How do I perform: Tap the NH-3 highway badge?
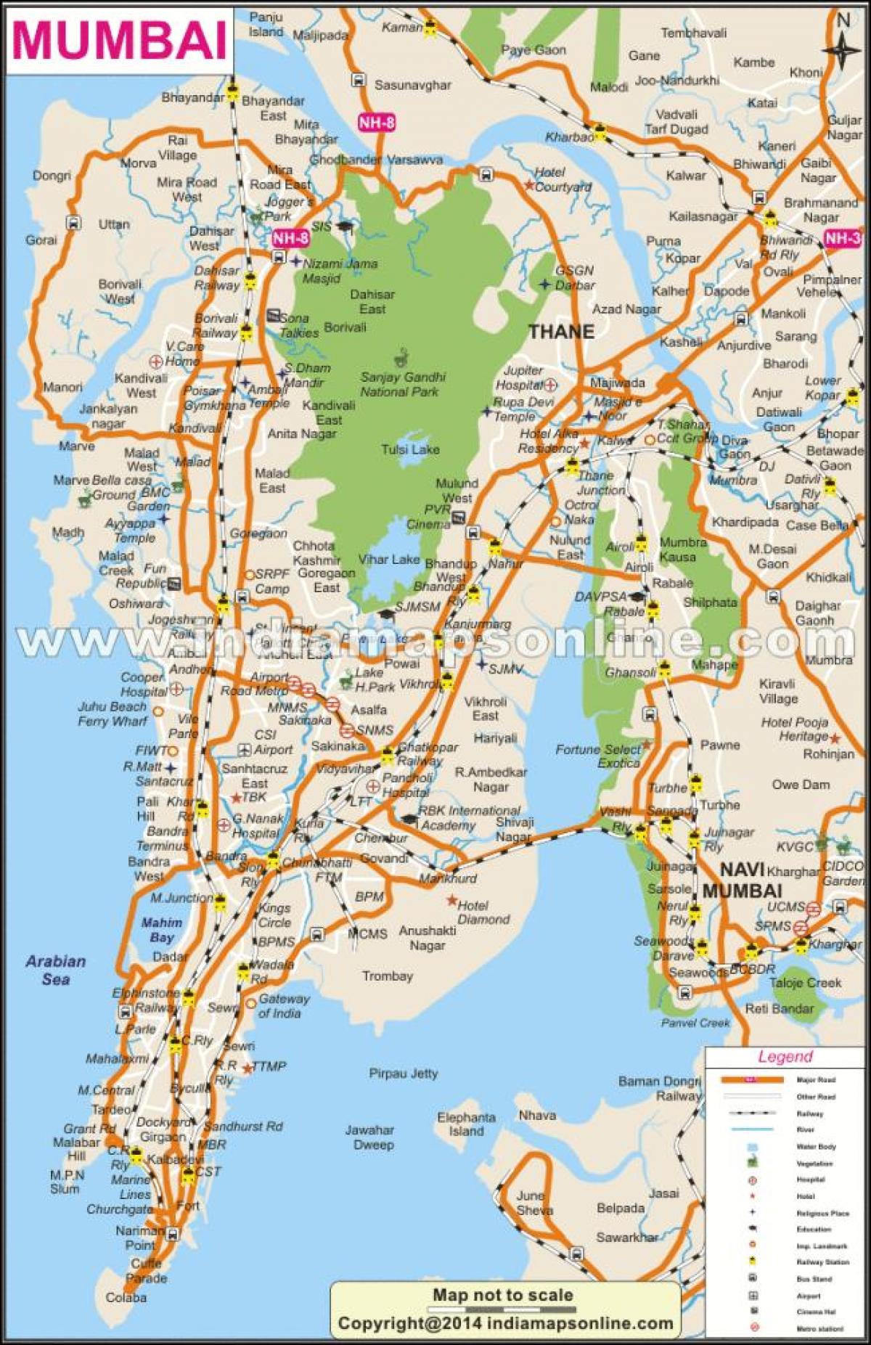(843, 238)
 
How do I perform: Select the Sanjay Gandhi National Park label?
(403, 385)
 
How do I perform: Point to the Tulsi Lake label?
(410, 449)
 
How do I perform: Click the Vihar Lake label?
(389, 559)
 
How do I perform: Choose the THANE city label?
(560, 332)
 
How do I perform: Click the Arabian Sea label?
(56, 970)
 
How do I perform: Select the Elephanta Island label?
(466, 1124)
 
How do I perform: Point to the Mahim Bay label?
(162, 930)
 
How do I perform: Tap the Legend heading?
(785, 1057)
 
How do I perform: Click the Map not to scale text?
(502, 1295)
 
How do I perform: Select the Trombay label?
(388, 976)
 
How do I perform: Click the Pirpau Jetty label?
(404, 1073)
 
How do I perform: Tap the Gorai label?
(41, 240)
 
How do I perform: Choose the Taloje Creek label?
(806, 983)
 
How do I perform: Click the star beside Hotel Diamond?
(451, 901)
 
